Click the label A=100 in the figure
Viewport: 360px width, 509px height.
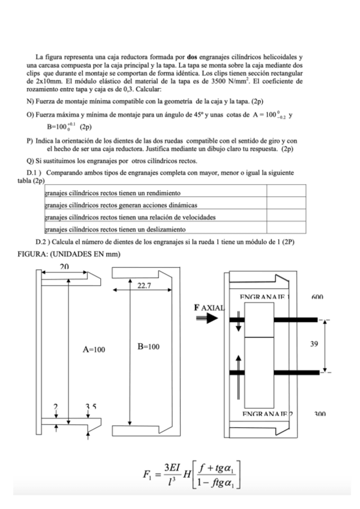(x=94, y=349)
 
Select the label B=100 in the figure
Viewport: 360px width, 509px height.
(x=146, y=347)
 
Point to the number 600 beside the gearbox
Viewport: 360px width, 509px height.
(x=317, y=297)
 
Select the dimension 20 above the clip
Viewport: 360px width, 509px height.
(x=64, y=265)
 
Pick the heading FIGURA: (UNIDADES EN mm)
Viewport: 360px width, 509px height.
(x=70, y=254)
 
